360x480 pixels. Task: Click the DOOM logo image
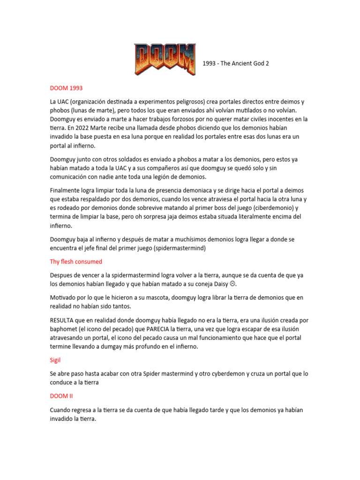(x=165, y=59)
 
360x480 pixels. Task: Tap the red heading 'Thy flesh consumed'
(x=76, y=261)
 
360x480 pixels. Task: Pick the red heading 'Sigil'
(x=56, y=360)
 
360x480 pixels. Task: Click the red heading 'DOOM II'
(x=62, y=396)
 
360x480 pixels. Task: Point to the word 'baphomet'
(x=64, y=329)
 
